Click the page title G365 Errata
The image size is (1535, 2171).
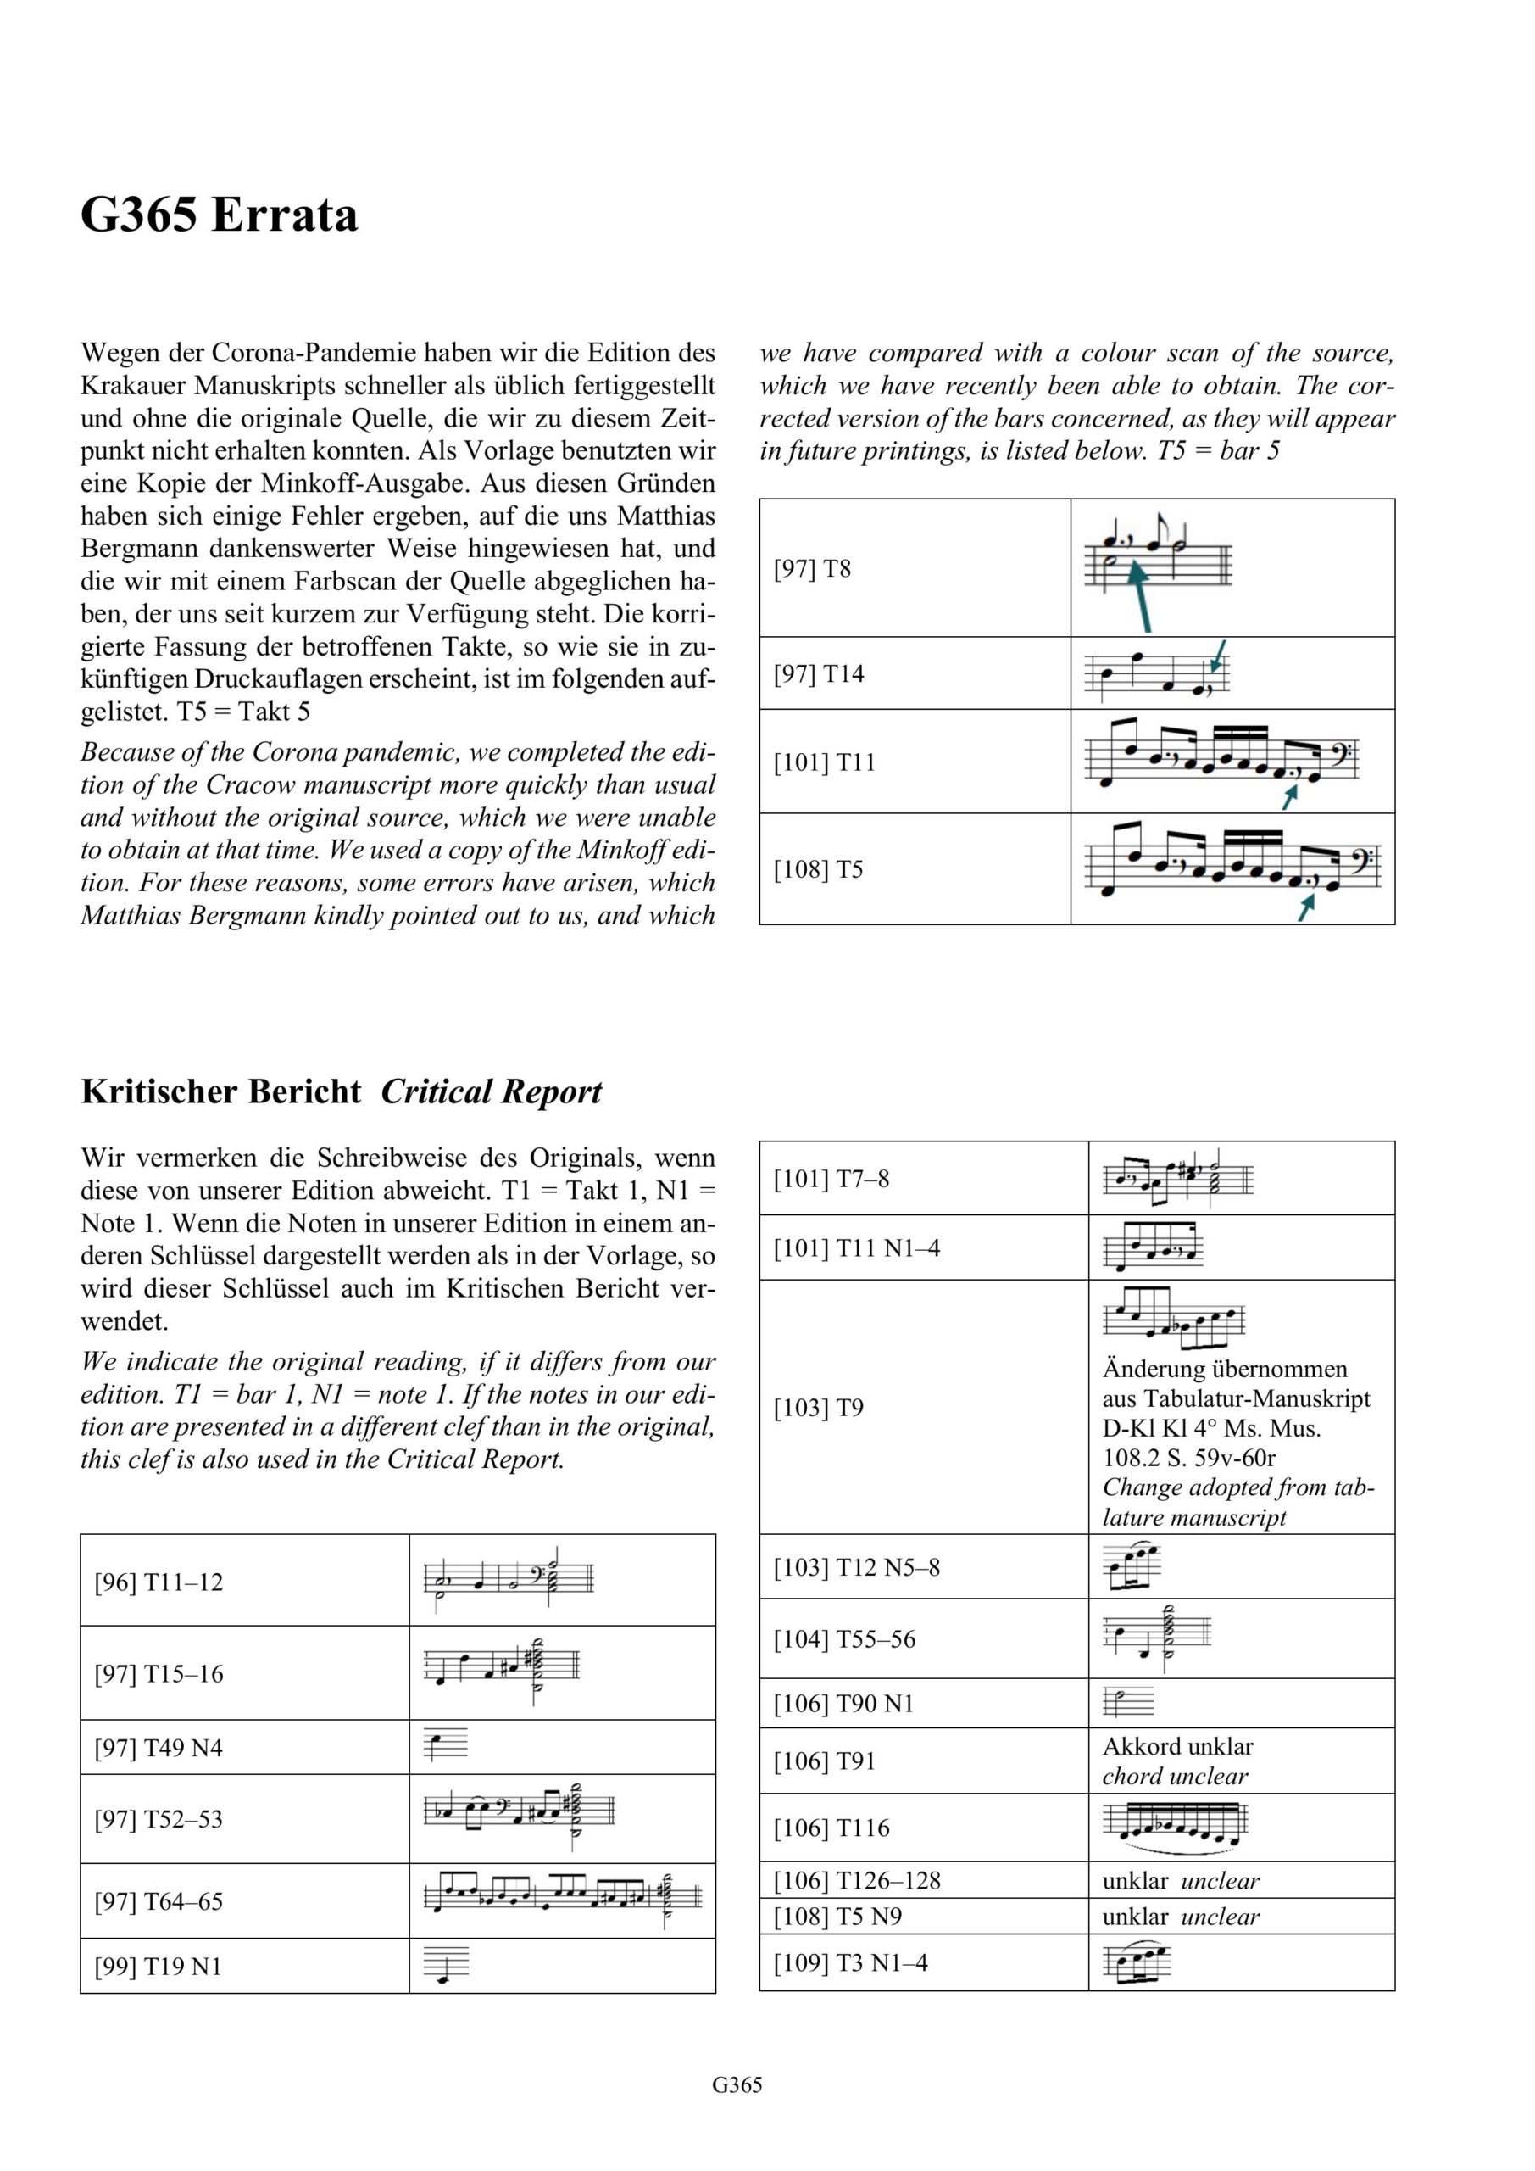click(220, 215)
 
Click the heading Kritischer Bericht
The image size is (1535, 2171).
click(220, 1091)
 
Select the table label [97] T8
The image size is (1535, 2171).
click(812, 569)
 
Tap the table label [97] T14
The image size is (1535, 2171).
click(819, 674)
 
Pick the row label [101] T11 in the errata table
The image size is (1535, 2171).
click(824, 762)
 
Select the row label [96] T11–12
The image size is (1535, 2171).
click(159, 1582)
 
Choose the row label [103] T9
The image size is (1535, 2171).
click(819, 1408)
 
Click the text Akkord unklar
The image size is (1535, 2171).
click(1177, 1746)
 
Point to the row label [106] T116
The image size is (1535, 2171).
click(831, 1828)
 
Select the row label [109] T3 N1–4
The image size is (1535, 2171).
click(851, 1963)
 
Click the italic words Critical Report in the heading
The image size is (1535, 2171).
click(491, 1091)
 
